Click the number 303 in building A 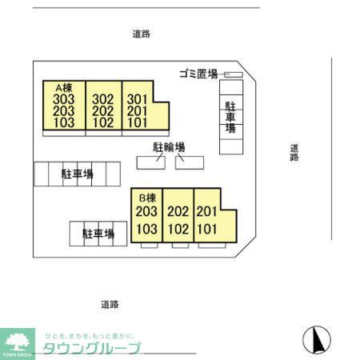pyautogui.click(x=64, y=99)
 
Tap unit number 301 pyautogui.click(x=138, y=99)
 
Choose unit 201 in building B pyautogui.click(x=207, y=212)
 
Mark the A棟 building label pyautogui.click(x=64, y=87)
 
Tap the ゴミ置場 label pyautogui.click(x=198, y=74)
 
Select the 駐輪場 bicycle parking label pyautogui.click(x=170, y=147)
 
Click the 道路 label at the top pyautogui.click(x=142, y=34)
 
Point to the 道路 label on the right pyautogui.click(x=295, y=152)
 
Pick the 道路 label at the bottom pyautogui.click(x=110, y=304)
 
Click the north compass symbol pyautogui.click(x=318, y=340)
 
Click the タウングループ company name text pyautogui.click(x=91, y=348)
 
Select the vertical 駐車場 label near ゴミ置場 pyautogui.click(x=230, y=117)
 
